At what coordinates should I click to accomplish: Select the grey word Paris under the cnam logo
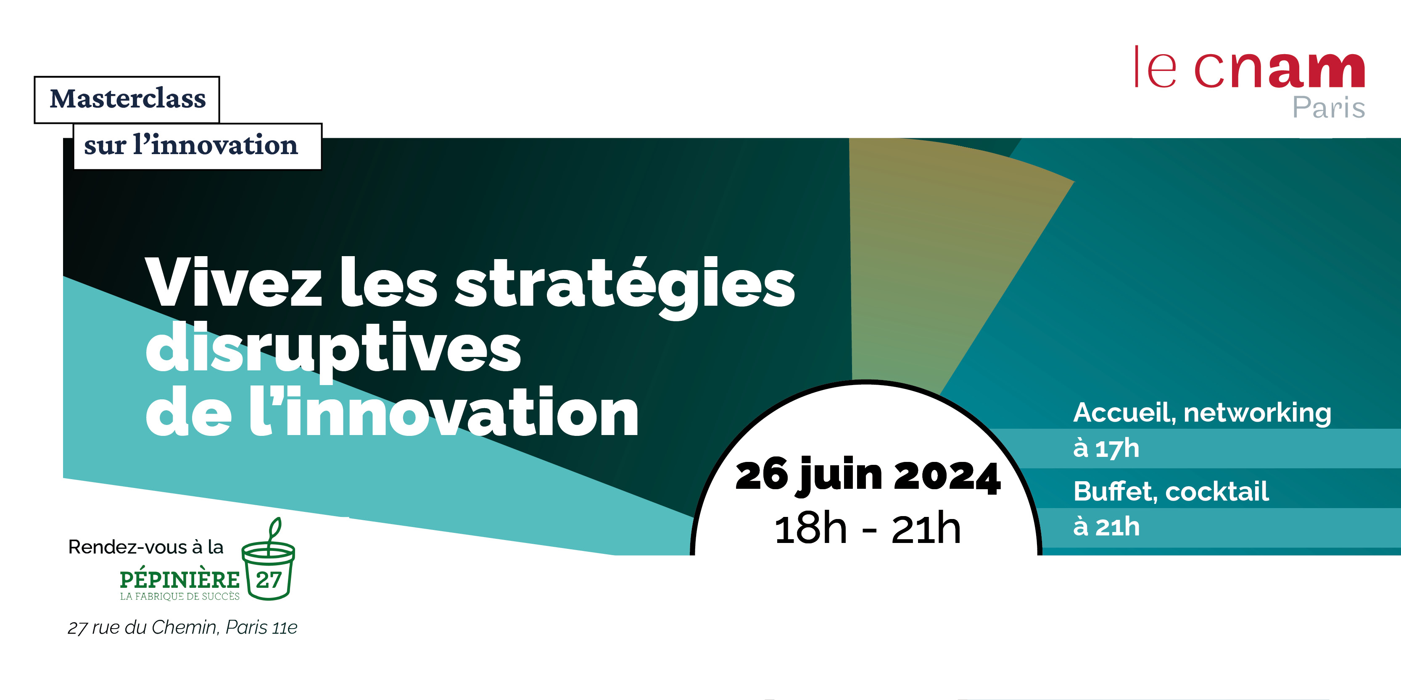[1329, 107]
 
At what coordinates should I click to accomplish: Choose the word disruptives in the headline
[333, 350]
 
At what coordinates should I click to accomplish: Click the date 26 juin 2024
[868, 475]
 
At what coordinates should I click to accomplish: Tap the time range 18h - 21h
[868, 530]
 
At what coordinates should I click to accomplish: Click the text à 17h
[1105, 448]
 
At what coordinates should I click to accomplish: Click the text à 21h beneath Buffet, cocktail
[1106, 527]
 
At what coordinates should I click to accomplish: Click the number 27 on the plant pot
[269, 580]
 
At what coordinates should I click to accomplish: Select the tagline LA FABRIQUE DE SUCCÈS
[179, 596]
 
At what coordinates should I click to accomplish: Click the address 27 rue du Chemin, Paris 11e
[182, 627]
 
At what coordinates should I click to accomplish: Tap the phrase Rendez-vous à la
[146, 547]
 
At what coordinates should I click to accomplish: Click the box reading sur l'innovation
[198, 146]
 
